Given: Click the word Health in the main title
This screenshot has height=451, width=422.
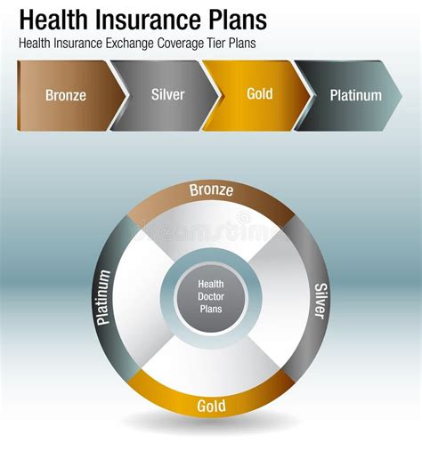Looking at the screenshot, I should point(56,20).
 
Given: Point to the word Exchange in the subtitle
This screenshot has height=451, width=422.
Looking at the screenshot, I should point(153,43).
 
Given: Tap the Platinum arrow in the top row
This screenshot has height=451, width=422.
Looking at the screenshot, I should point(352,95).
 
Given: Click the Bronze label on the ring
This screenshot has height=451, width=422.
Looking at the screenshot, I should point(211,191).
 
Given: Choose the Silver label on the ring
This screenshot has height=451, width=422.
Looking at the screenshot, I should point(320,301).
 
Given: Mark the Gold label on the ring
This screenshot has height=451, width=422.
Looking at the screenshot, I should point(211,407).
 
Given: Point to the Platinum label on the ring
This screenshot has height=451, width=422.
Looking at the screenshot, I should point(104,298).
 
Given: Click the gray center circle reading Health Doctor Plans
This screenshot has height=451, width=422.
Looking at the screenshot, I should point(211,299).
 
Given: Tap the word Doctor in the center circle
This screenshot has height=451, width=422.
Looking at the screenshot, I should point(211,299).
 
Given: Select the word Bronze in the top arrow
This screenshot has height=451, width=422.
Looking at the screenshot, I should point(66,95).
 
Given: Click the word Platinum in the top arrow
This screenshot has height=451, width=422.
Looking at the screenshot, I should point(355,95).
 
